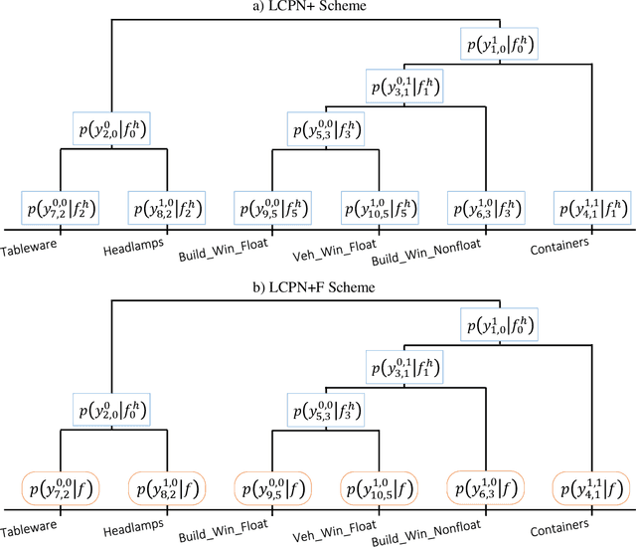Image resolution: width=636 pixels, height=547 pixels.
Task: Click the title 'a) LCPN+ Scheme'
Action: (x=317, y=8)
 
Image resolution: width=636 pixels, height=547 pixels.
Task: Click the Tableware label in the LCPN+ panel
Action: (x=31, y=241)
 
